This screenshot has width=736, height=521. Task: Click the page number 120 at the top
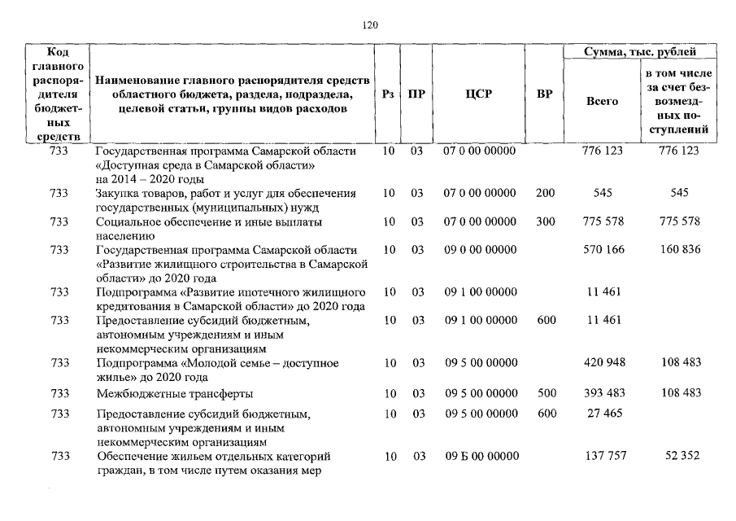[369, 25]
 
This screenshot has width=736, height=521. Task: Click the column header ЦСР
[479, 94]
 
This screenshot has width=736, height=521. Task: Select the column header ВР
[545, 94]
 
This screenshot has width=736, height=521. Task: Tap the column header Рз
[389, 94]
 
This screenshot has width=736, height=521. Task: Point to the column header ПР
[416, 94]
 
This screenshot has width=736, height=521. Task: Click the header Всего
[602, 102]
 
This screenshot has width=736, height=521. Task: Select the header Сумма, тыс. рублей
[640, 52]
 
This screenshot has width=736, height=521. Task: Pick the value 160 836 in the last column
[681, 249]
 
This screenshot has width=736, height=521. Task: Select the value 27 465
[603, 414]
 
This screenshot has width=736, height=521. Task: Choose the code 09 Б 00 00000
[479, 456]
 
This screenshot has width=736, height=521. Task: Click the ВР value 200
[546, 193]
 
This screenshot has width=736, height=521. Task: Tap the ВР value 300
[546, 221]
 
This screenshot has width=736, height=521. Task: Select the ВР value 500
[546, 393]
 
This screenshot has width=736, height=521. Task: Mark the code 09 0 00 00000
[479, 249]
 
